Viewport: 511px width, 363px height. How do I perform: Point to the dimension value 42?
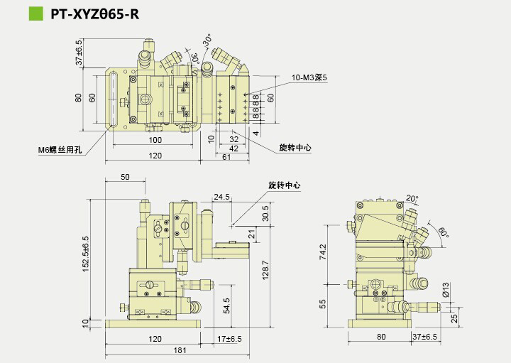click(x=232, y=148)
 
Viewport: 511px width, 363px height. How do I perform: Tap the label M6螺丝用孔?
click(x=60, y=150)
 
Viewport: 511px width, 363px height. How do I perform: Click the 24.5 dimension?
click(x=222, y=197)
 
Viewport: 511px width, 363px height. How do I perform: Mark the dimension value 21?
click(x=252, y=232)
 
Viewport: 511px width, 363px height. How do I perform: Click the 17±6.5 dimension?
click(x=229, y=340)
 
